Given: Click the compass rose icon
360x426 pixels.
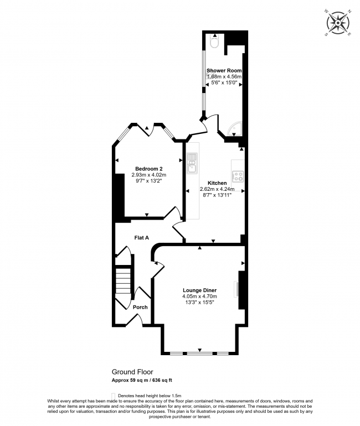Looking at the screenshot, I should coord(337,22).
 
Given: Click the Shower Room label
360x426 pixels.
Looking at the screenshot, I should coord(224,71).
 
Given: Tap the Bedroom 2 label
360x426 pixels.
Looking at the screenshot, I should coord(149,169).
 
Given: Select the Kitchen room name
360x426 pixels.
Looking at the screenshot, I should coord(217,183).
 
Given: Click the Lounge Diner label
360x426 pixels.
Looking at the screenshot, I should coord(199,290).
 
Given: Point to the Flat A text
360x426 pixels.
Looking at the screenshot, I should coord(142,238).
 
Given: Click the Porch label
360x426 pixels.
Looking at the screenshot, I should coord(140,307).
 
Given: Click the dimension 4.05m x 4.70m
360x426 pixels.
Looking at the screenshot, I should coord(199,297).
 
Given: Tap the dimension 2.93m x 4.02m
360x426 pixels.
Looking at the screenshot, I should coord(149,175).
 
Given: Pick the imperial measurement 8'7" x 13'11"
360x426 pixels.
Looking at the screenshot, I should coord(217,195).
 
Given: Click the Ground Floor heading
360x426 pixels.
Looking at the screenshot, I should coord(132,372).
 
